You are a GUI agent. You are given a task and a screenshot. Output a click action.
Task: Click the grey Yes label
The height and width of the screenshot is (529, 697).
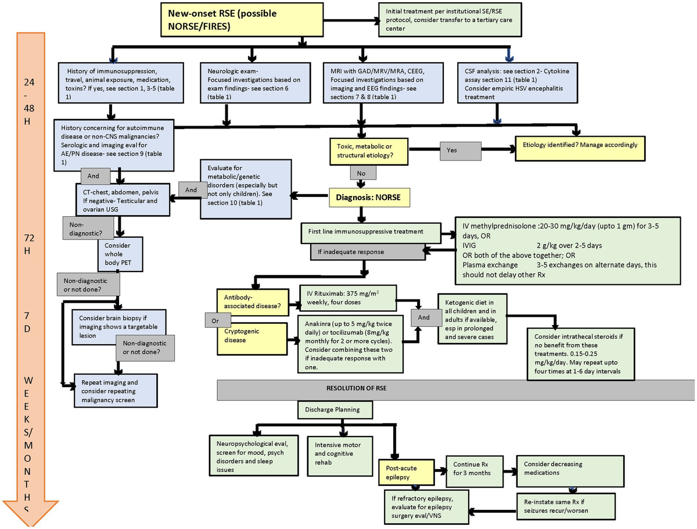coord(460,150)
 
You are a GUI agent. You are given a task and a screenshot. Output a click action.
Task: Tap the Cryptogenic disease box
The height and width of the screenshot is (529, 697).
coord(252,337)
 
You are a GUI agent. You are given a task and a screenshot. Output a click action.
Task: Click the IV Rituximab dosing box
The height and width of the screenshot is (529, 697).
coord(347,298)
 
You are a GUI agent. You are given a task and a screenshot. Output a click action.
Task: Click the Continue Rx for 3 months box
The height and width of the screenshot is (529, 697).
coord(473,469)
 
